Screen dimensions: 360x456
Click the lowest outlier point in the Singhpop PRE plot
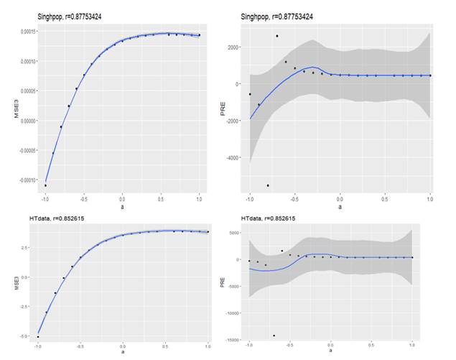(x=268, y=185)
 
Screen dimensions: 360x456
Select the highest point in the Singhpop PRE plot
(x=277, y=36)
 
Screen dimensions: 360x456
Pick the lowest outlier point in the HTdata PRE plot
(x=274, y=336)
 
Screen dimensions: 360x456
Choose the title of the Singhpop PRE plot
(x=277, y=16)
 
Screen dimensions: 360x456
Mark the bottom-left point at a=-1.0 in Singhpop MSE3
(x=45, y=185)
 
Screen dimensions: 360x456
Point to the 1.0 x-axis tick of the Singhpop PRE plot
(x=429, y=198)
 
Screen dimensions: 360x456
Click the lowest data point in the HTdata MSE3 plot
(x=38, y=336)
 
